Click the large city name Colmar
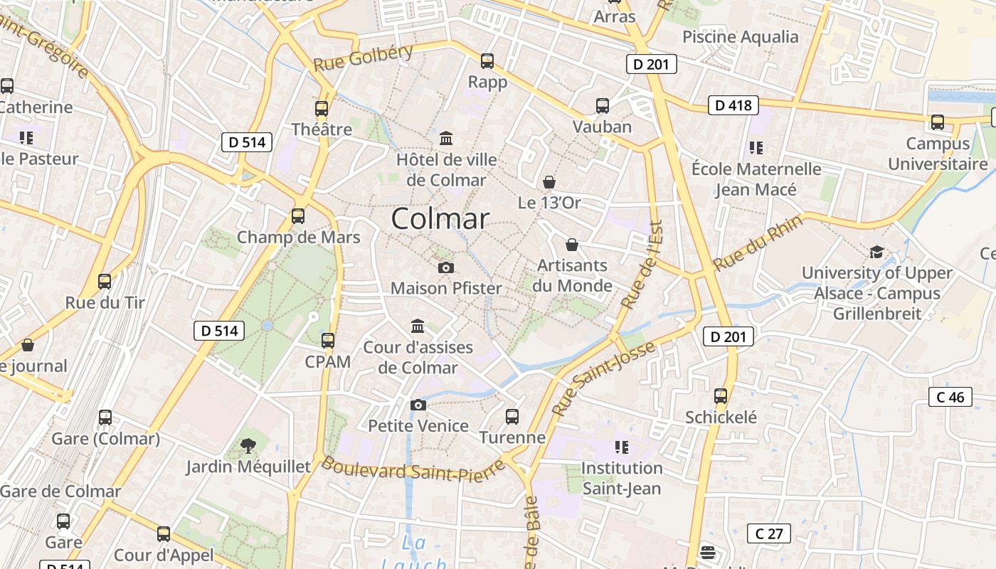click(x=440, y=218)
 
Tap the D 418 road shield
click(x=733, y=106)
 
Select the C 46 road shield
click(x=950, y=397)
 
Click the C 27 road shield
click(x=769, y=533)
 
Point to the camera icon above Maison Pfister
click(x=446, y=267)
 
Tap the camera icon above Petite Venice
click(x=418, y=405)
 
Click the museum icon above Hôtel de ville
click(x=446, y=137)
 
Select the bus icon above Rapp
click(x=487, y=61)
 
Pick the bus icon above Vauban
click(x=603, y=106)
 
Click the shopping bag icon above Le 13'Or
click(x=549, y=182)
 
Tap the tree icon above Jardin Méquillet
click(x=248, y=446)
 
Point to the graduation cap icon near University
click(x=876, y=252)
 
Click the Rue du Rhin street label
click(x=758, y=242)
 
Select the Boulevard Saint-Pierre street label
click(x=413, y=470)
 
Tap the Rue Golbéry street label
click(x=363, y=58)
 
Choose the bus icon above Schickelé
click(x=721, y=396)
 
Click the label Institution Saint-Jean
click(x=622, y=478)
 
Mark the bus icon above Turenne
click(x=512, y=417)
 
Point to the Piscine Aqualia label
click(x=741, y=37)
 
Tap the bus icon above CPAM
click(x=328, y=341)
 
